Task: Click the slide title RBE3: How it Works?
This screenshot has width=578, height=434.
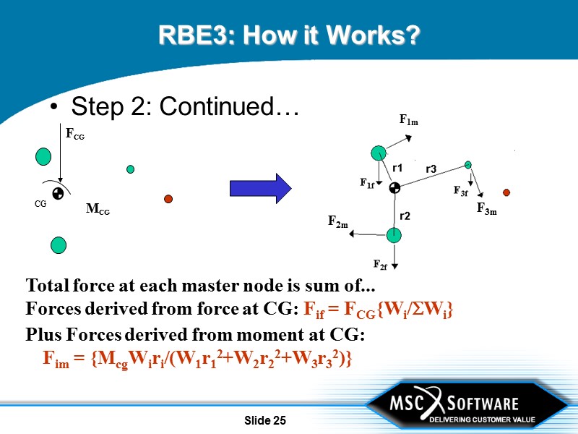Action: click(x=289, y=35)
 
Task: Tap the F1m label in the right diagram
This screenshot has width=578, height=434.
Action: click(x=409, y=122)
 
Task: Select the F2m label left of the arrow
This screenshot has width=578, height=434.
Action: click(x=338, y=221)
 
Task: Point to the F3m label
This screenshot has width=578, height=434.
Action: click(x=486, y=209)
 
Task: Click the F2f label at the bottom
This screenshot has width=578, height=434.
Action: click(x=380, y=264)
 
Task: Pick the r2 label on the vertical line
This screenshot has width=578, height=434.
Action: click(x=405, y=216)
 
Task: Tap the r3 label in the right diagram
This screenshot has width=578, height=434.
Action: click(x=431, y=169)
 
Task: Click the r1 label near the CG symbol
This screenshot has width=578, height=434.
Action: click(x=397, y=168)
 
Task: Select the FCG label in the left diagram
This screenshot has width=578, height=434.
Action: click(x=75, y=134)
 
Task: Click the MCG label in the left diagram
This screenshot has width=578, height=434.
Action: click(x=98, y=209)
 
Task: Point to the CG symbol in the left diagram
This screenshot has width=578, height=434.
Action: click(x=58, y=193)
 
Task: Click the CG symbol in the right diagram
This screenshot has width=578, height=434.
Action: click(x=394, y=189)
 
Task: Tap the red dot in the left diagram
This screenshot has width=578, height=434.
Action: click(x=168, y=199)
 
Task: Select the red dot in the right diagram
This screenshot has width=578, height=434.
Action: click(x=506, y=192)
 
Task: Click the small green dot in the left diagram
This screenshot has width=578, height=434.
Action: click(x=130, y=169)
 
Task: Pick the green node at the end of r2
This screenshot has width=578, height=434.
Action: click(x=394, y=235)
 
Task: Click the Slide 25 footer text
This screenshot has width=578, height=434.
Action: click(x=265, y=420)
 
